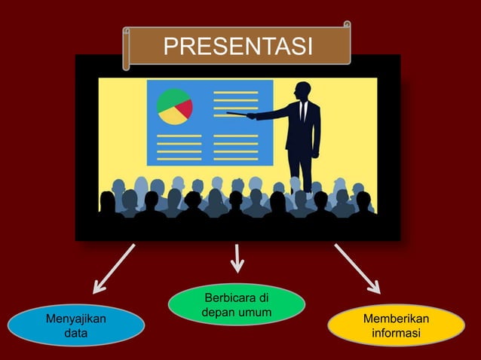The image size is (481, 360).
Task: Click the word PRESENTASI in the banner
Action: (237, 47)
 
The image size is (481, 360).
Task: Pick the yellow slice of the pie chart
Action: (175, 117)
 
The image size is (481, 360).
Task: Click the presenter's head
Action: (303, 90)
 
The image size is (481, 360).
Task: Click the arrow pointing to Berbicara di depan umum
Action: (237, 258)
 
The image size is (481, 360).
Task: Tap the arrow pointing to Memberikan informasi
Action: (357, 269)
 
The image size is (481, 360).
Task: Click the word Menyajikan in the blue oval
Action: (76, 319)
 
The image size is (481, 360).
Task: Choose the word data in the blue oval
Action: (75, 333)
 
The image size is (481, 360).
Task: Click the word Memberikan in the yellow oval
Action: (396, 319)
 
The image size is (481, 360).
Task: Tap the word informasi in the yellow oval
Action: (396, 333)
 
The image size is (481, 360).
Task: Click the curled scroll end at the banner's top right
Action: (347, 26)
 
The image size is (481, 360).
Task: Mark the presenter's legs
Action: (301, 169)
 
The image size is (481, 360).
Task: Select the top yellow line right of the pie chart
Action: (235, 93)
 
